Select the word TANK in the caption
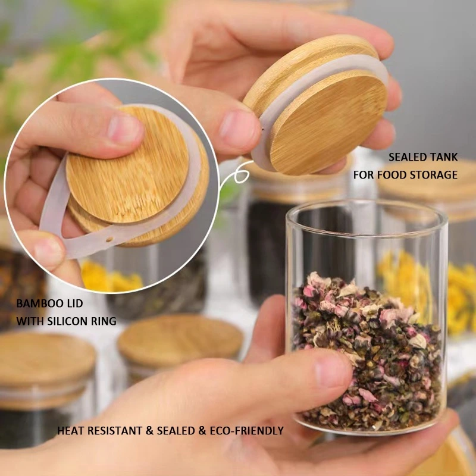click(444, 158)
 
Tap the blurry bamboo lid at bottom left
click(42, 360)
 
